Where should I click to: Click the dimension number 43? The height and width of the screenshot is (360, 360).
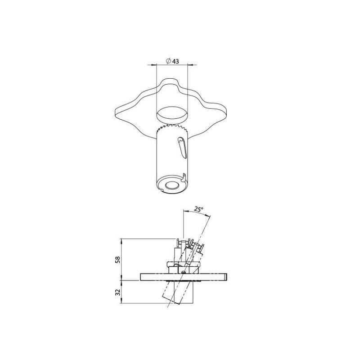click(x=175, y=61)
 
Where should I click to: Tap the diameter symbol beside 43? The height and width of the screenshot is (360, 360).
click(x=168, y=61)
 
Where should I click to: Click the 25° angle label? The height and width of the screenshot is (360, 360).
click(x=199, y=209)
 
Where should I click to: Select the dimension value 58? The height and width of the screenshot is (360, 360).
click(x=118, y=260)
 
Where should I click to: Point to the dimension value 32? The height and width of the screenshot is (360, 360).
click(x=118, y=292)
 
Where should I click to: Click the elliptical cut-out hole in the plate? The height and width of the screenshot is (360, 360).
click(x=172, y=114)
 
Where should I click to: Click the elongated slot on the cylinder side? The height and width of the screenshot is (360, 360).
click(x=182, y=148)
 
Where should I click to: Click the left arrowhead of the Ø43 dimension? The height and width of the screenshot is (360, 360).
click(x=154, y=65)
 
